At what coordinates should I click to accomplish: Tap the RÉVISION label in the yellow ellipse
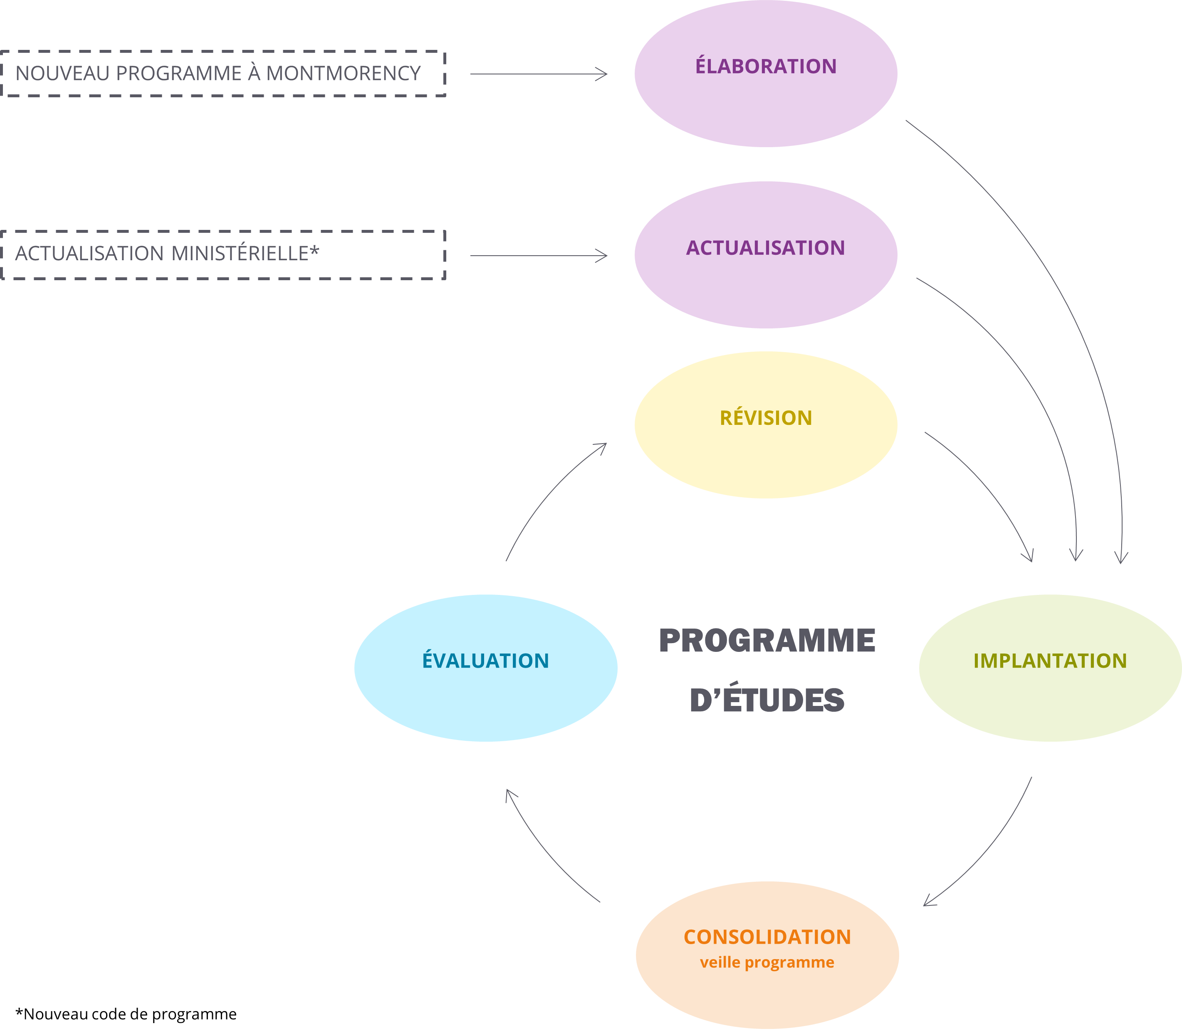pyautogui.click(x=766, y=417)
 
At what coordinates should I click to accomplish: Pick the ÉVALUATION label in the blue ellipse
pyautogui.click(x=485, y=660)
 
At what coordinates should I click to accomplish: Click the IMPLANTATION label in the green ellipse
pyautogui.click(x=1050, y=661)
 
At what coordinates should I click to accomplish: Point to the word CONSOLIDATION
pyautogui.click(x=767, y=937)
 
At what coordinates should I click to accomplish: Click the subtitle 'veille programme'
pyautogui.click(x=767, y=962)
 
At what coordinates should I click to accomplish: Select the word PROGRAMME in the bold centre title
pyautogui.click(x=767, y=641)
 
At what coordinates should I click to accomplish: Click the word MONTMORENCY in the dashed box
pyautogui.click(x=343, y=74)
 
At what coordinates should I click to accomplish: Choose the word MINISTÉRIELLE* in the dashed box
pyautogui.click(x=245, y=253)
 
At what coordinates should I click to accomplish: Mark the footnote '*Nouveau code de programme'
pyautogui.click(x=126, y=1014)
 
